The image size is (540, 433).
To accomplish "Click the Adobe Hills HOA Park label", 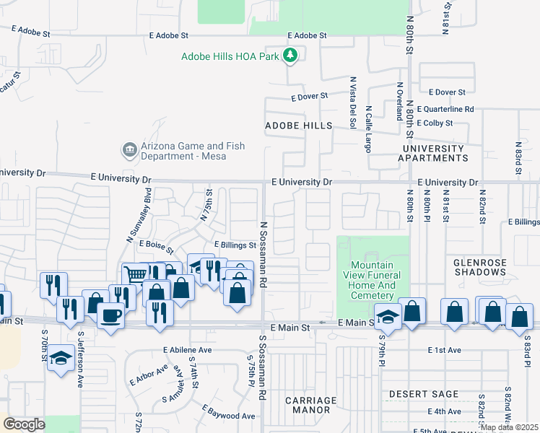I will click(x=230, y=56).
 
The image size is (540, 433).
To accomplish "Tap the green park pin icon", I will click(x=290, y=56).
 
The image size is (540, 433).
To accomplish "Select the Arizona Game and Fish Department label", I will click(x=193, y=151).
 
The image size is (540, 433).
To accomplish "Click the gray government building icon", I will click(x=130, y=150).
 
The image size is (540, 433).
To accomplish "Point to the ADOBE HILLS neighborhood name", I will click(x=298, y=126).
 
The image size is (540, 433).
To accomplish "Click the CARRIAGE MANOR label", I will click(x=311, y=405).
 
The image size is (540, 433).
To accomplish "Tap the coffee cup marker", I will click(x=110, y=316).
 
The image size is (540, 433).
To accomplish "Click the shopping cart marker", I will click(x=135, y=274).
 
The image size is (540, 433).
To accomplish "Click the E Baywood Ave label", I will click(x=228, y=416).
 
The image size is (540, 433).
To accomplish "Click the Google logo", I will click(x=25, y=424).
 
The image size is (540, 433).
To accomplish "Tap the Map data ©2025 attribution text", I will click(x=509, y=427).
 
